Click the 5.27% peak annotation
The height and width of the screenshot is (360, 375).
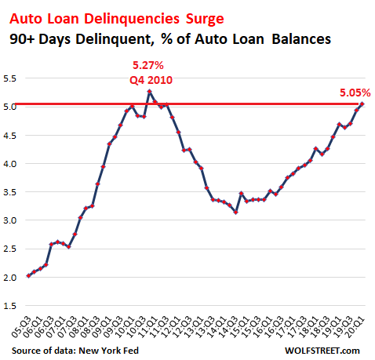click(148, 65)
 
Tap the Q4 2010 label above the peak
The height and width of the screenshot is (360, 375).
click(151, 80)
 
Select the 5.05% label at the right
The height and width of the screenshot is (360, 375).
click(355, 93)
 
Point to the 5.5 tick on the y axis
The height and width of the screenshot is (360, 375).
click(9, 78)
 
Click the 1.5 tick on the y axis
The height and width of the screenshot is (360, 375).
click(9, 306)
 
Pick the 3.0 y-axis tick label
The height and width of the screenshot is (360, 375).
click(9, 220)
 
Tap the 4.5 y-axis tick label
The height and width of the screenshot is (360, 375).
click(9, 136)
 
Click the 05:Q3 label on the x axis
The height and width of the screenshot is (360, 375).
click(21, 327)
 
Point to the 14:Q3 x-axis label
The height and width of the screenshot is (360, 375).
click(228, 327)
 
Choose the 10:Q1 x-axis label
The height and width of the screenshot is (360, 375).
click(125, 327)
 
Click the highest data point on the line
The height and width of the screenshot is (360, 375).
click(149, 92)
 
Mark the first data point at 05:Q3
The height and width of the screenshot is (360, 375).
click(28, 276)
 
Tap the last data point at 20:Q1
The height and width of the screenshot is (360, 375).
click(362, 104)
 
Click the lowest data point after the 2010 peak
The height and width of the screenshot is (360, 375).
click(236, 213)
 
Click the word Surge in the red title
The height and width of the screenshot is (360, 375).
click(205, 20)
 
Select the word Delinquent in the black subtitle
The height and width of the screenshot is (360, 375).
click(114, 39)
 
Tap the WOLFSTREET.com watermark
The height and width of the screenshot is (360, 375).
click(322, 351)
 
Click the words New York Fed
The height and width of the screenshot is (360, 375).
click(108, 351)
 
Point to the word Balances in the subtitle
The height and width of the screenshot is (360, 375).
click(301, 39)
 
